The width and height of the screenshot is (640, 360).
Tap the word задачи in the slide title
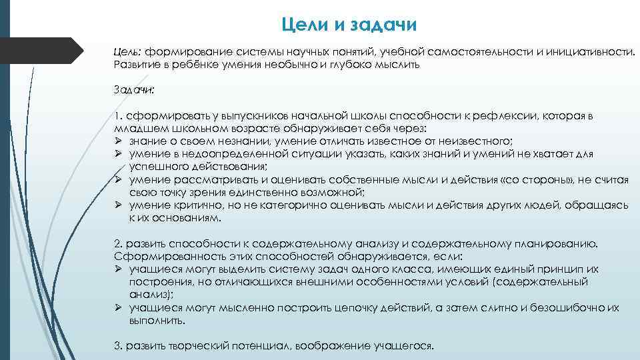coord(379,25)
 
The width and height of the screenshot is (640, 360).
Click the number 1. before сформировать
coord(118,115)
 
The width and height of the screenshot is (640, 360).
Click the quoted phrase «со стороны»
coord(525,180)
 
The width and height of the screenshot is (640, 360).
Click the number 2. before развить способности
coord(119,243)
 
